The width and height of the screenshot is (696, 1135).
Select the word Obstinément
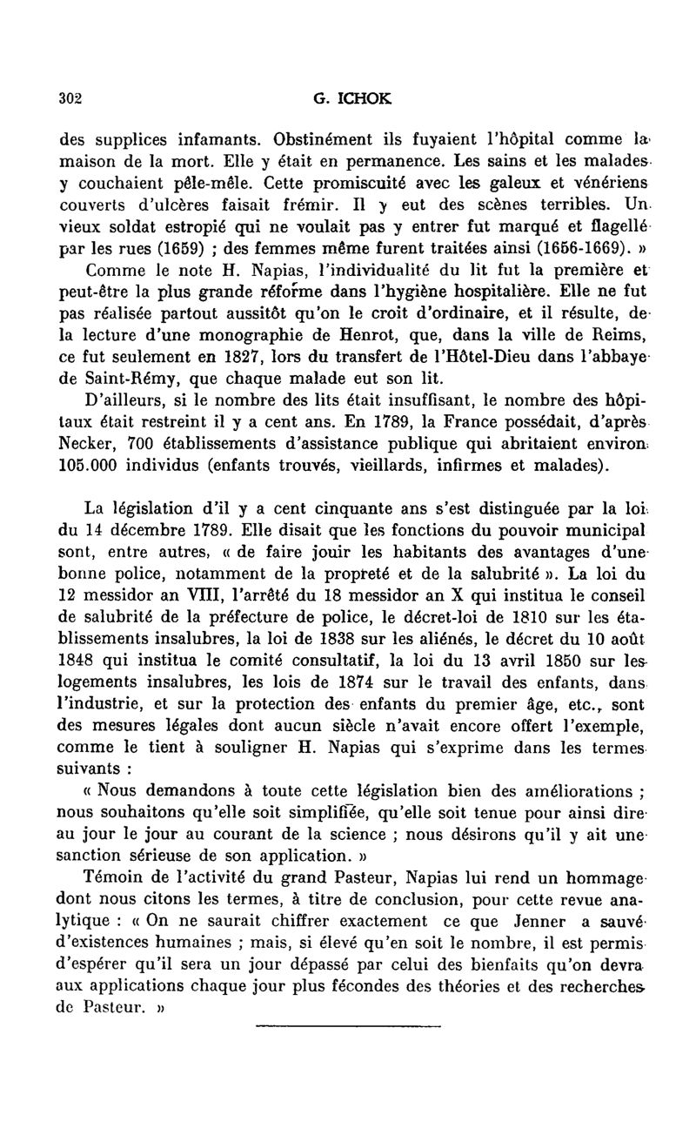[320, 139]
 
